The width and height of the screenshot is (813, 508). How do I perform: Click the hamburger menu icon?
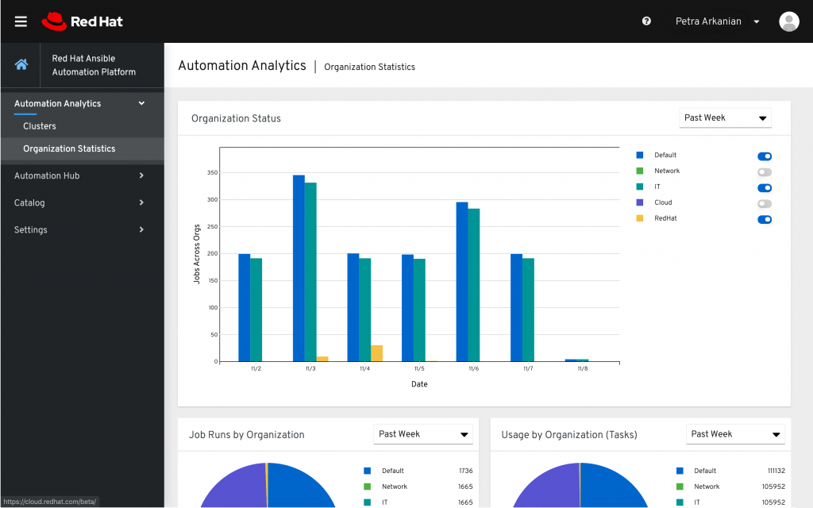pos(21,21)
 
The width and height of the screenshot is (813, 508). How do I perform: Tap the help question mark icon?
pos(646,21)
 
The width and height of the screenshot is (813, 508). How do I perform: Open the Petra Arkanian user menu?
pos(717,21)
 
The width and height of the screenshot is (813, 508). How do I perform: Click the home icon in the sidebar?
pos(21,65)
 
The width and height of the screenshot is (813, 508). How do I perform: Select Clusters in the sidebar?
pos(40,126)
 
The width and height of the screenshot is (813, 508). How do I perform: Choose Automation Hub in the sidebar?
pos(47,175)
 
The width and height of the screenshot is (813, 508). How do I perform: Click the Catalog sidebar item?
pos(29,202)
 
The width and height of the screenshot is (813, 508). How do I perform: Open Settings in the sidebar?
pos(31,229)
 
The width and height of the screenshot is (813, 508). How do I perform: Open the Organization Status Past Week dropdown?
pos(725,117)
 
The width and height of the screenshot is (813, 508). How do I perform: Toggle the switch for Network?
pos(765,172)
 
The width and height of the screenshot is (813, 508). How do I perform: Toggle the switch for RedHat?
pos(765,219)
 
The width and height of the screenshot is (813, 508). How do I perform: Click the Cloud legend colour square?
pos(640,202)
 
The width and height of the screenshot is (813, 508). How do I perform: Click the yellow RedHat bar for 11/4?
pos(377,353)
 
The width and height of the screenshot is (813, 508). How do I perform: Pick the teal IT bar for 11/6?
pos(474,285)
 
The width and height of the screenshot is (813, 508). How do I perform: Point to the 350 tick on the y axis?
pos(212,172)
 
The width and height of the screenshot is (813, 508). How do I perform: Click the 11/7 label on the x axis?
pos(528,369)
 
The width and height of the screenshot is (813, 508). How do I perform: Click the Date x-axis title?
pos(419,384)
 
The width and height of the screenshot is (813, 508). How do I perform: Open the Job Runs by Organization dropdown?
pos(422,434)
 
